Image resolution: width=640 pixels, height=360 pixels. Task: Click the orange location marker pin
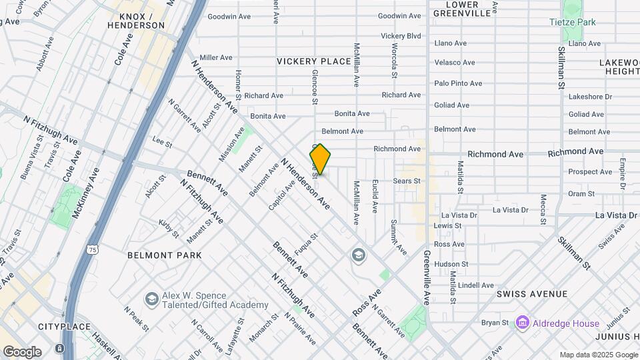[x=320, y=159]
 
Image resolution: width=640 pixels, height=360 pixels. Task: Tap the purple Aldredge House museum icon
[x=521, y=323]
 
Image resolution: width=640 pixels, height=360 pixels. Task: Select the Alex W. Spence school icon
[x=151, y=299]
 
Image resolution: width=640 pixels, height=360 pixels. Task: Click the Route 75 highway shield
[x=92, y=249]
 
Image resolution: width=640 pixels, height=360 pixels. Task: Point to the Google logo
[x=22, y=352]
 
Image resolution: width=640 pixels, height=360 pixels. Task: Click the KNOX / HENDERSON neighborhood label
[x=141, y=21]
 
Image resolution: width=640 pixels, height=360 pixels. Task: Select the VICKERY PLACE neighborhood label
[x=313, y=61]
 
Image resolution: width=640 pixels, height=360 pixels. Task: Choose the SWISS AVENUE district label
[x=532, y=294]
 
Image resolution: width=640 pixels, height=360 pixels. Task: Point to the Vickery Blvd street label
[x=401, y=35]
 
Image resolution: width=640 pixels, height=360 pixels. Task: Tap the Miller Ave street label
[x=215, y=58]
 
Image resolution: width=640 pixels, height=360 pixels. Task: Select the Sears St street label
[x=407, y=181]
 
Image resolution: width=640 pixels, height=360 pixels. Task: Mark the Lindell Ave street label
[x=476, y=285]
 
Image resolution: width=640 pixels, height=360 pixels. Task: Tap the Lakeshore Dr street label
[x=590, y=97]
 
